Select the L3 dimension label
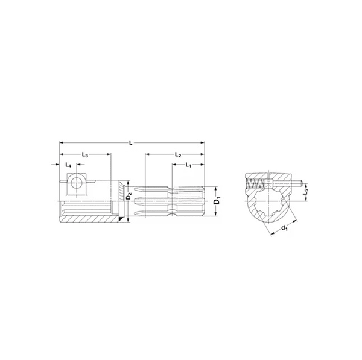coord(84,156)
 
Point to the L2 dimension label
coord(177,155)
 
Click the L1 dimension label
coord(188,165)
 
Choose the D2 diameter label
coord(128,197)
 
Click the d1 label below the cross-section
coord(284,228)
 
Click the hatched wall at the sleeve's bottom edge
coord(91,221)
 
